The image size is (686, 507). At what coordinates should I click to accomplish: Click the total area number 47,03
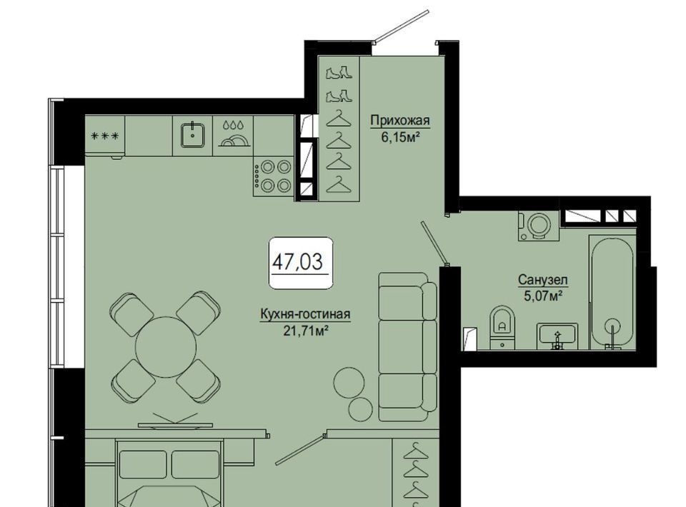pyautogui.click(x=297, y=262)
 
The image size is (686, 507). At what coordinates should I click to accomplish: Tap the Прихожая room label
pyautogui.click(x=400, y=120)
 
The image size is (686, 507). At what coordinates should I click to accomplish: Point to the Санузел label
pyautogui.click(x=543, y=279)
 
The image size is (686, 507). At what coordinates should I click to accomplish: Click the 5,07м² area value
pyautogui.click(x=543, y=297)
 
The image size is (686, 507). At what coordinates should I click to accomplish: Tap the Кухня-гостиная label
pyautogui.click(x=305, y=314)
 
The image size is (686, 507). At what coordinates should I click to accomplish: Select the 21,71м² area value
pyautogui.click(x=306, y=331)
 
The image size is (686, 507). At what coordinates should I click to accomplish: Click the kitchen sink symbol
pyautogui.click(x=193, y=135)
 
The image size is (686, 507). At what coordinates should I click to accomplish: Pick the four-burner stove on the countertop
pyautogui.click(x=272, y=176)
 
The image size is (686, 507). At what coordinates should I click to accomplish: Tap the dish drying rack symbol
pyautogui.click(x=233, y=135)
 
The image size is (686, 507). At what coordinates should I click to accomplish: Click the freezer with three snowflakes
pyautogui.click(x=104, y=136)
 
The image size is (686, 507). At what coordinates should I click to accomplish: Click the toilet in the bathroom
pyautogui.click(x=502, y=327)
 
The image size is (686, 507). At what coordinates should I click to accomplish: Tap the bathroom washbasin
pyautogui.click(x=557, y=336)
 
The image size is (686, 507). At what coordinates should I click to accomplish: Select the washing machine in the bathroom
pyautogui.click(x=539, y=226)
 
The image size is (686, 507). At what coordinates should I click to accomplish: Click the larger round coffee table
pyautogui.click(x=349, y=382)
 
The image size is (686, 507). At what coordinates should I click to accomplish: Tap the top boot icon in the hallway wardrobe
pyautogui.click(x=339, y=72)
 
